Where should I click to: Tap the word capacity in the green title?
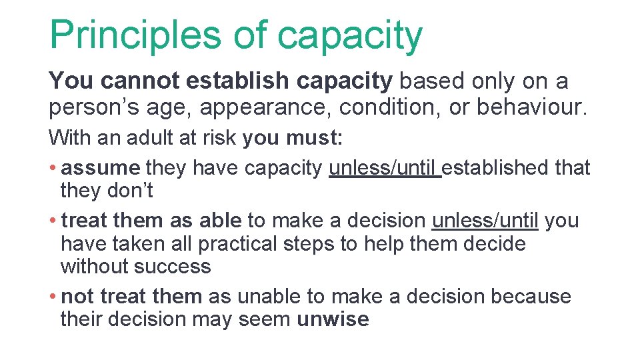coord(349,37)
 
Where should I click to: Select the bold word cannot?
coord(140,81)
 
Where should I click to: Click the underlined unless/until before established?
coord(385,167)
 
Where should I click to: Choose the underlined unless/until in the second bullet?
coord(486,219)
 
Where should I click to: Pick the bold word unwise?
coord(332,319)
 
